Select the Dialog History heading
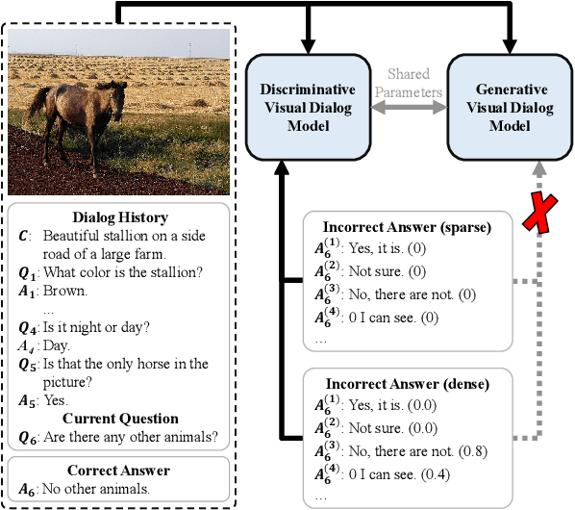coord(120,217)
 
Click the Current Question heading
coord(120,419)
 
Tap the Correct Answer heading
coord(120,471)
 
